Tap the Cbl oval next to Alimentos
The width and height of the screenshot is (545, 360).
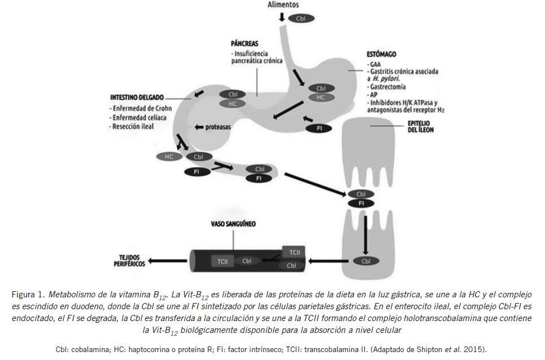301,19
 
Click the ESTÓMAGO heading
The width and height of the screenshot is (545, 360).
381,54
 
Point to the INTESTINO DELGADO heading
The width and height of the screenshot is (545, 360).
136,98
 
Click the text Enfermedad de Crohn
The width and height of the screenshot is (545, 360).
141,108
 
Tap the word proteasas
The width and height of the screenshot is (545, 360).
218,127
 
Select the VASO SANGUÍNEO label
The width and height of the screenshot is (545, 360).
229,224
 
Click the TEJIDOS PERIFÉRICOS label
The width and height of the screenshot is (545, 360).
128,261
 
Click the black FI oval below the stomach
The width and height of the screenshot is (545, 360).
320,128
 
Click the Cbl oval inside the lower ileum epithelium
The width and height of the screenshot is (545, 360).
366,261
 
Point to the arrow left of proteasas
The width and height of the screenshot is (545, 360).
199,127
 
